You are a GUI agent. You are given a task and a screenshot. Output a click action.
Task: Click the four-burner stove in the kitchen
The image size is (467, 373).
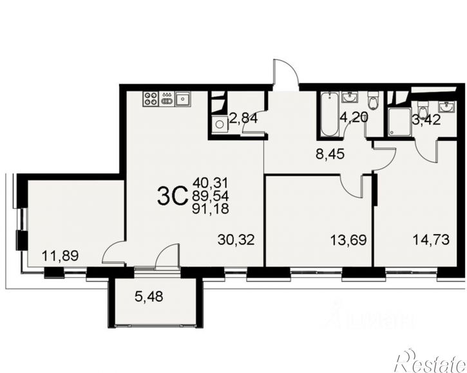click(151, 98)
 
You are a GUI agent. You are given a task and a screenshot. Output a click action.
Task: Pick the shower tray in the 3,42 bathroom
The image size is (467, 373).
click(399, 121)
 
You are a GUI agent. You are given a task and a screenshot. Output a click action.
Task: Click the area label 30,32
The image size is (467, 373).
click(237, 241)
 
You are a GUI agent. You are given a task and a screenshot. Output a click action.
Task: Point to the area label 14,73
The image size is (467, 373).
click(429, 241)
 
